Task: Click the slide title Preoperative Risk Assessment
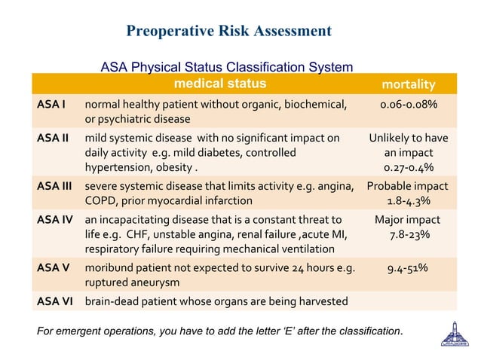coord(228,31)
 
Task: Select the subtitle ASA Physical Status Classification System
coord(226,68)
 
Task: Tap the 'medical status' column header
coord(220,83)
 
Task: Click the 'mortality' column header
coord(408,84)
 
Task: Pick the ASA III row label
coord(55,186)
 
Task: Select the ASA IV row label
coord(55,220)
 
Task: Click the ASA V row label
coord(53,268)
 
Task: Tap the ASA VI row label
coord(55,301)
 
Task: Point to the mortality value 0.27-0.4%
coord(408,167)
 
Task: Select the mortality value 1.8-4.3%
coord(408,201)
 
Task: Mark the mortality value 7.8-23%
coord(408,235)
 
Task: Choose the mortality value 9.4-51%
coord(408,268)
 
